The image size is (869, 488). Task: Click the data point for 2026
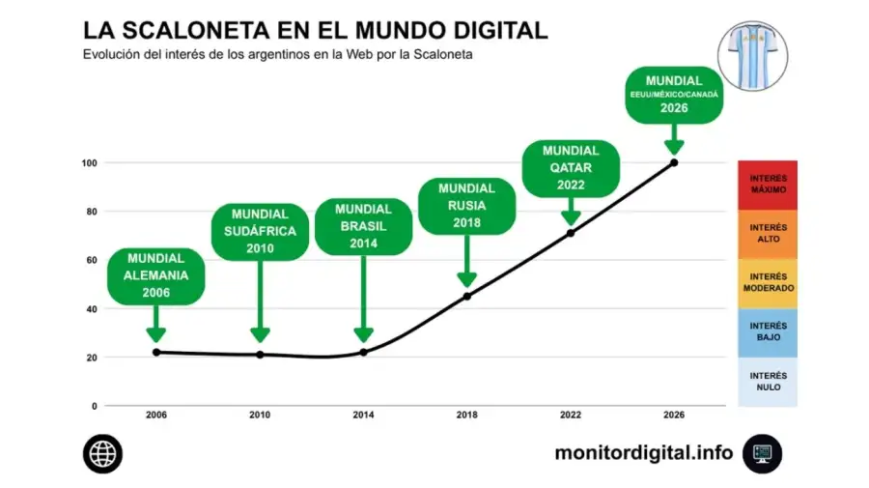pos(674,162)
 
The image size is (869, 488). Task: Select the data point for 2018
pos(467,297)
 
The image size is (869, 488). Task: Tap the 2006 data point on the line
pos(156,352)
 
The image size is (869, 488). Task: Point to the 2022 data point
pos(571,234)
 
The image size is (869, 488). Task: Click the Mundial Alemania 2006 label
pos(155,276)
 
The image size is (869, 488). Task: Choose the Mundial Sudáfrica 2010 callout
pos(260,231)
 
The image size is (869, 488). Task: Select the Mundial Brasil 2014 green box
pos(364,226)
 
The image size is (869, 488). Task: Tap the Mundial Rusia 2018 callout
pos(466,206)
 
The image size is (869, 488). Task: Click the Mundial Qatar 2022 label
pos(571,168)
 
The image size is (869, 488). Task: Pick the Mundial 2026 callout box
pos(674,95)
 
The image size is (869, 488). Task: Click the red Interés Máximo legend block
pos(768,185)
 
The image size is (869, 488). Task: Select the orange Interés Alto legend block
pos(768,234)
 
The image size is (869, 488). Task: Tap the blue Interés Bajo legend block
pos(768,332)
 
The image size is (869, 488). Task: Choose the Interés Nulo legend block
pos(768,382)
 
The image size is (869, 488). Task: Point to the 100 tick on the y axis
pos(89,163)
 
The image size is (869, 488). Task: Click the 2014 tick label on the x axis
pos(364,415)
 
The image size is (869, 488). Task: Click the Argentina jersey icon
pos(752,56)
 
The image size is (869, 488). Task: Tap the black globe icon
pos(102,453)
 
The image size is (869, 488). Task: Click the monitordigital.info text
pos(644,453)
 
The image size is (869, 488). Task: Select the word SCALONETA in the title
pos(196,31)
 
